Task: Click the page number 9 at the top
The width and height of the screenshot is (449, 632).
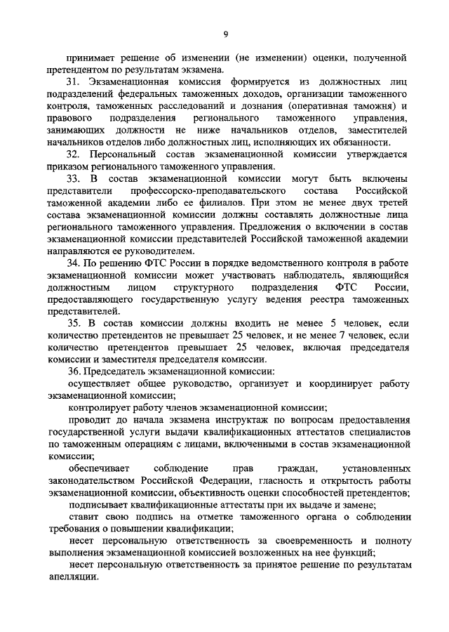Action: click(x=224, y=33)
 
